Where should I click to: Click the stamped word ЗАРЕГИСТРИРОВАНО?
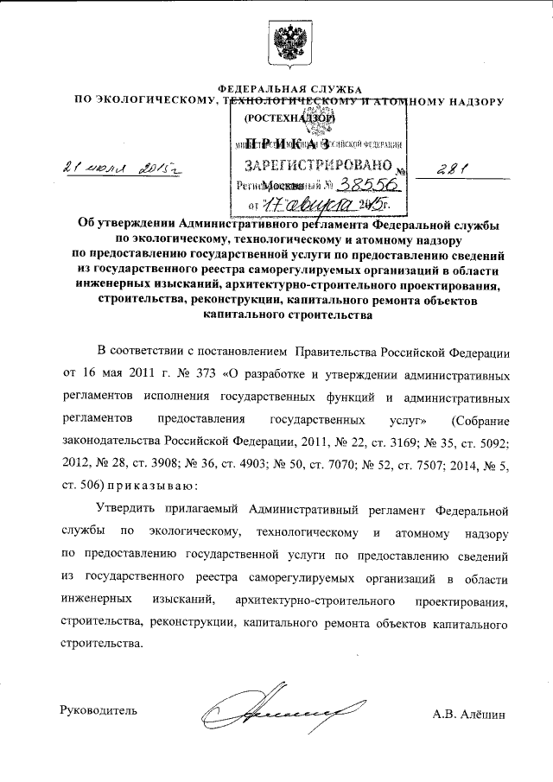[296, 163]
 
